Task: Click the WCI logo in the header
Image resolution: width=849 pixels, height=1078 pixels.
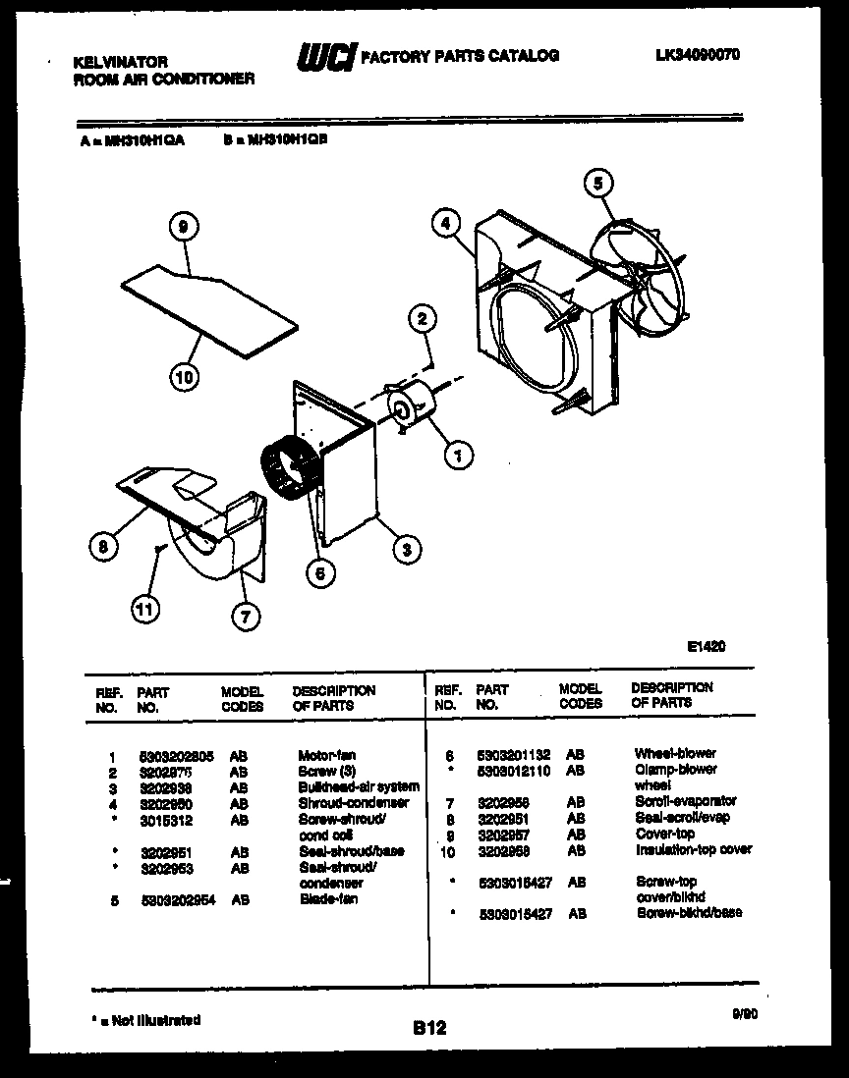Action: pyautogui.click(x=327, y=59)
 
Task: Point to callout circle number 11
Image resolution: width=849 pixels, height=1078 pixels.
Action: pyautogui.click(x=145, y=610)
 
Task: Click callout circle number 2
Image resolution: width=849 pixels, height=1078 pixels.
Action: pyautogui.click(x=422, y=318)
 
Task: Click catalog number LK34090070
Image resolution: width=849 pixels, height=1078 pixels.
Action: pyautogui.click(x=697, y=56)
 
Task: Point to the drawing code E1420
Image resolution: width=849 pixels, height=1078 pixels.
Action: pyautogui.click(x=706, y=647)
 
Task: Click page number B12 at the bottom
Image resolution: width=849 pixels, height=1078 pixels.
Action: pyautogui.click(x=429, y=1028)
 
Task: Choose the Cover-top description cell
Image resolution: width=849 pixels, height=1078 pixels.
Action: pyautogui.click(x=664, y=834)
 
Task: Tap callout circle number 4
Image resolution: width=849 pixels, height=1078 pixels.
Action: pyautogui.click(x=445, y=224)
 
